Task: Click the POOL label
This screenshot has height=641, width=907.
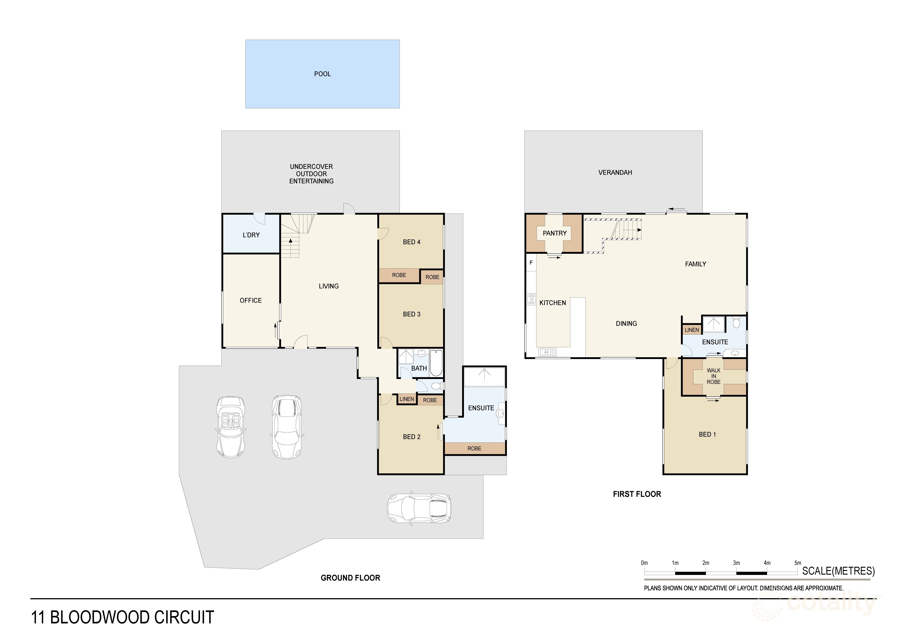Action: tap(322, 74)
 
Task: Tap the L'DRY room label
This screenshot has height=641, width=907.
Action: tap(251, 235)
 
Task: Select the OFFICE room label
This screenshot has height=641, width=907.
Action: tap(251, 301)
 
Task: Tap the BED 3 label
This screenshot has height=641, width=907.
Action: tap(411, 314)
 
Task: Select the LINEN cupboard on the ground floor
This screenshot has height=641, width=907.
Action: tap(407, 399)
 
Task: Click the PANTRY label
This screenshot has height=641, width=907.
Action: tap(554, 233)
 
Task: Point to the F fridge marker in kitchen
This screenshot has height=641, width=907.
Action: tap(531, 263)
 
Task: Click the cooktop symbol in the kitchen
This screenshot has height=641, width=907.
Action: tap(531, 299)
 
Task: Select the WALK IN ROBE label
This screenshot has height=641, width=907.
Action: tap(713, 376)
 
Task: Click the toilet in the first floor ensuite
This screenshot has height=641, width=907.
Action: tap(736, 323)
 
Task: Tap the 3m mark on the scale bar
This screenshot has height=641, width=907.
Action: tap(736, 563)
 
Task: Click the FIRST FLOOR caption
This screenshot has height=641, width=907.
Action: tap(637, 494)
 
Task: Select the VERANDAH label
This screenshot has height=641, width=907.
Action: tap(615, 172)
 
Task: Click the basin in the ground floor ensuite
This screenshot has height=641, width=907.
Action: tap(500, 413)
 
